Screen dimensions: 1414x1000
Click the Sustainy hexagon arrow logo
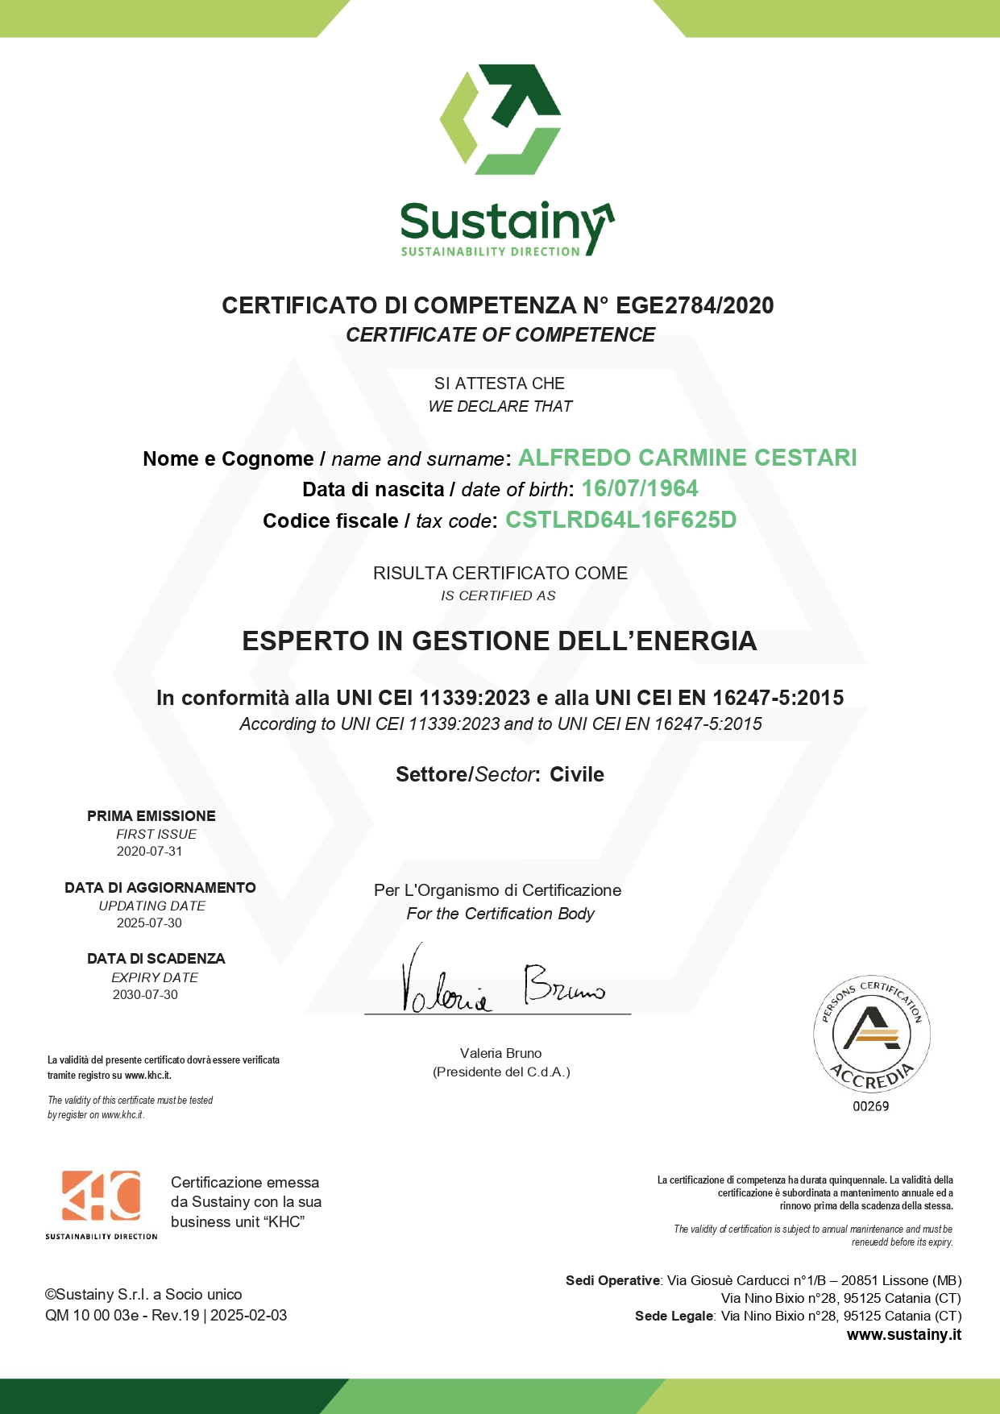500,119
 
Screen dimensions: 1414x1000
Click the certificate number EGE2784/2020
695,305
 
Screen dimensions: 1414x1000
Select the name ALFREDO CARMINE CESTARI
687,458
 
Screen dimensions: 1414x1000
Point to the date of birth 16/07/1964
640,488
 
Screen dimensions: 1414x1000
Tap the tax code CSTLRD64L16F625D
620,520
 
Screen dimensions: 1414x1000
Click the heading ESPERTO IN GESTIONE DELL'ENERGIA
500,641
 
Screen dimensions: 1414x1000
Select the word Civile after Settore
577,774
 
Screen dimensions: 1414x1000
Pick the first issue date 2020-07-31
150,851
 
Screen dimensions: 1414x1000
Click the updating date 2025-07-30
150,923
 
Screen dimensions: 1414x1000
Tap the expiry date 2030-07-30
145,994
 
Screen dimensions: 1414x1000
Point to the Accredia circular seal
872,1033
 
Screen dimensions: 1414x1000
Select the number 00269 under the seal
871,1106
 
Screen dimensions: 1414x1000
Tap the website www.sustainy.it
903,1334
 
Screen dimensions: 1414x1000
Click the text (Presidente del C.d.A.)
501,1072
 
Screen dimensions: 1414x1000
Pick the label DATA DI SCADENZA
156,959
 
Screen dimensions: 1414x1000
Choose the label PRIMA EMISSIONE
151,816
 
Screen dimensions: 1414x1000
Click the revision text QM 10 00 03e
92,1315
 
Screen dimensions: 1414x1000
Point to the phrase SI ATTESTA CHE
500,384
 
